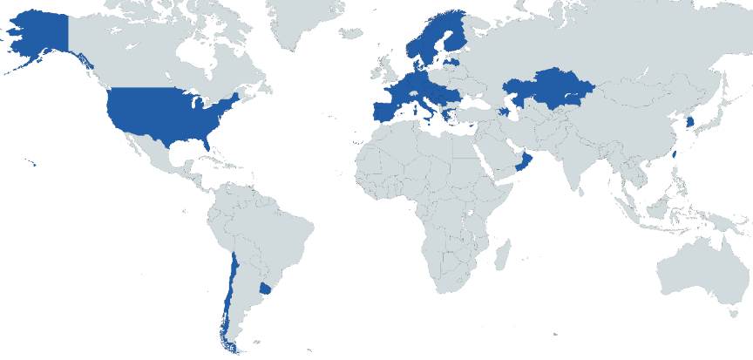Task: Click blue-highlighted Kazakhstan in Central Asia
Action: (549, 88)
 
